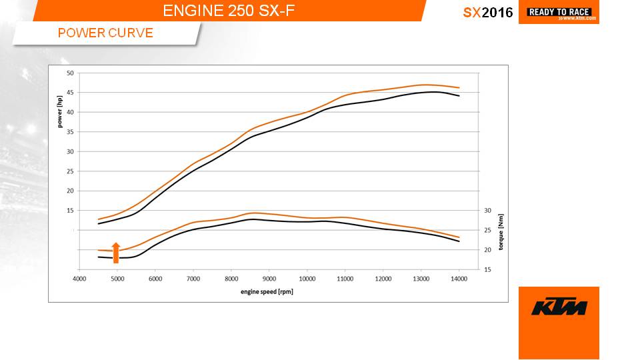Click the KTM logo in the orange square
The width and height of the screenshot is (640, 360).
(559, 308)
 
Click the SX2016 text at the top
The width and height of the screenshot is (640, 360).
(488, 13)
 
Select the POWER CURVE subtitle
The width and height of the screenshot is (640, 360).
(105, 33)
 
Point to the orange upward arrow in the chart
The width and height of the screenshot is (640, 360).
(115, 253)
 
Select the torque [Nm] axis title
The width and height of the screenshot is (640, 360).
(501, 231)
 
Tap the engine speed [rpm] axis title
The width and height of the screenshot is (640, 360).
(267, 291)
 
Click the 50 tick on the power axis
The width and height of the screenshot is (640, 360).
(69, 73)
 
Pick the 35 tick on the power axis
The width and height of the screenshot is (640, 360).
(69, 131)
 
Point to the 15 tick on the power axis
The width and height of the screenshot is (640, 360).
(69, 210)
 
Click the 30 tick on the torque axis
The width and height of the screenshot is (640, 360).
(487, 210)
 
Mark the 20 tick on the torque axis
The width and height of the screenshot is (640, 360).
(487, 249)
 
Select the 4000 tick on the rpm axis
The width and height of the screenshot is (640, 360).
(79, 278)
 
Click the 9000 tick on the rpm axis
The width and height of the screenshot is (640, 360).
(269, 278)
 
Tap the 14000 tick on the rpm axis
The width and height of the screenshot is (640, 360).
(458, 278)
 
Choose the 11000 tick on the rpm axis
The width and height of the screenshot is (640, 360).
(345, 278)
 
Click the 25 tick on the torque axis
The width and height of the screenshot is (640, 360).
(487, 230)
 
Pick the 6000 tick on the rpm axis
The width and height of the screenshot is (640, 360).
(155, 278)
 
